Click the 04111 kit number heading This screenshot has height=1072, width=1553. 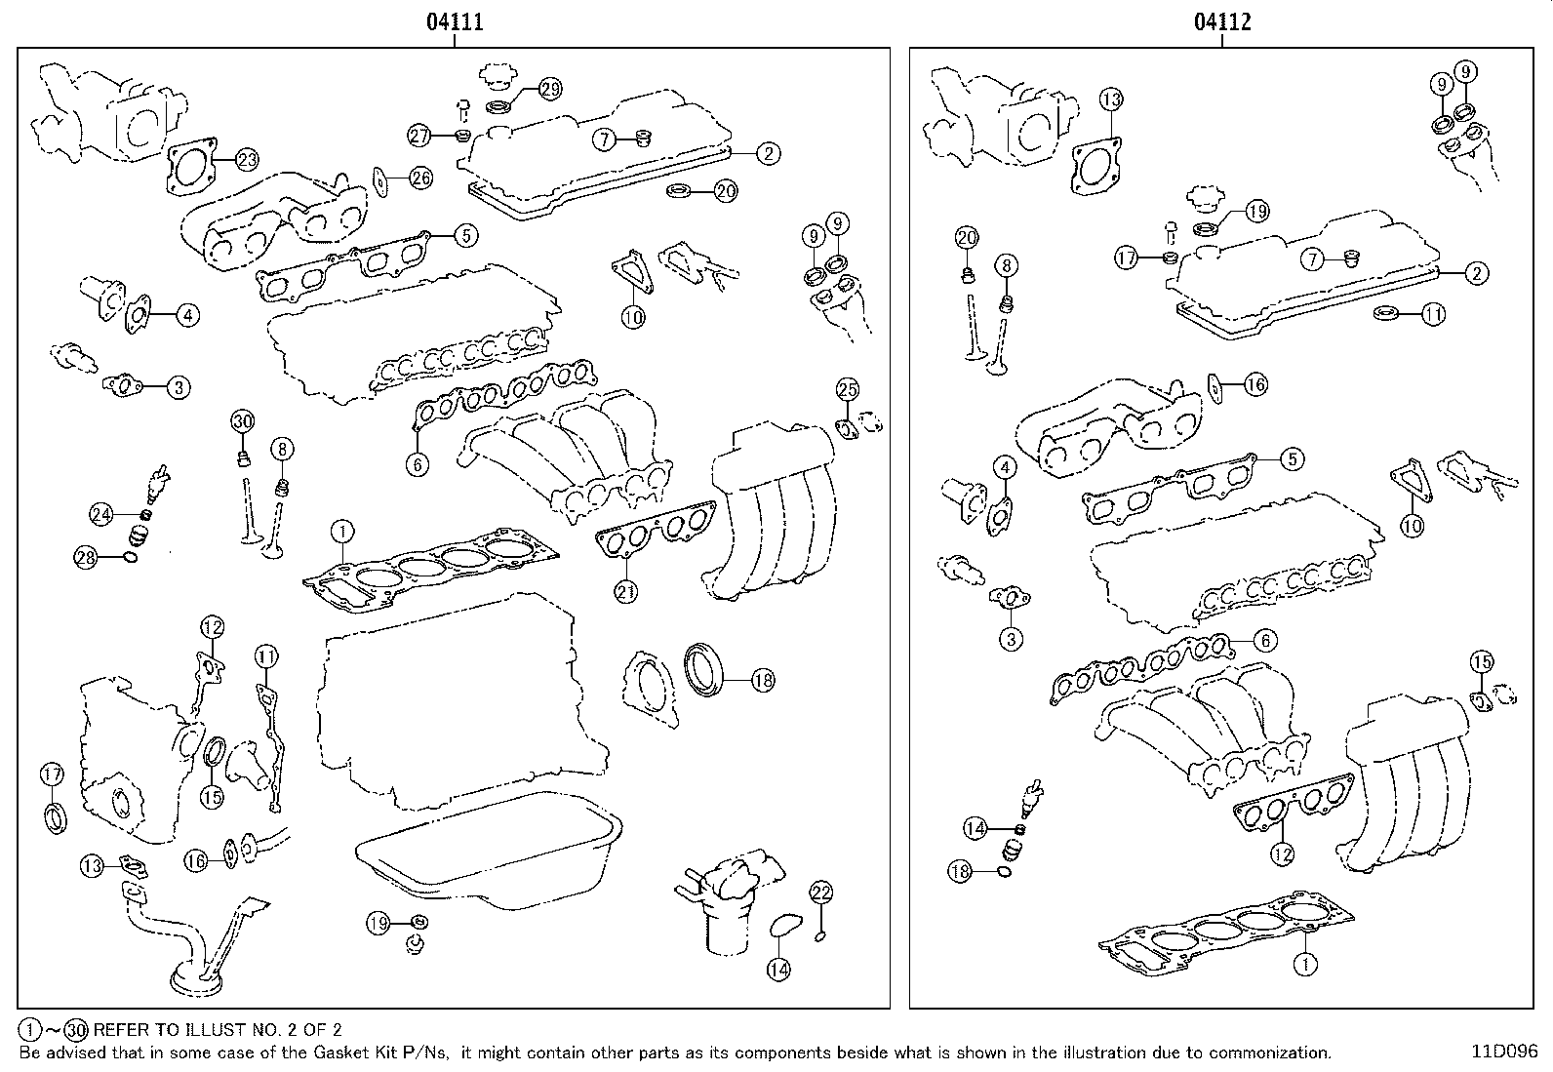[454, 21]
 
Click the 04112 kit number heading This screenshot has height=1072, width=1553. [1221, 21]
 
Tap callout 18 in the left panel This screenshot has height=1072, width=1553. [762, 680]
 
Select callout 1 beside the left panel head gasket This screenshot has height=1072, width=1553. [341, 532]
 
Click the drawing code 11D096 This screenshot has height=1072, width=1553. [1505, 1052]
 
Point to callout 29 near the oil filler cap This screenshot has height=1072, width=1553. [549, 89]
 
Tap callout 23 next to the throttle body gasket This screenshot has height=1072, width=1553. [246, 159]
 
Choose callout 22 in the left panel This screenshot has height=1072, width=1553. [821, 892]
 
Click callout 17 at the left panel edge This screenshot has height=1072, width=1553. [52, 774]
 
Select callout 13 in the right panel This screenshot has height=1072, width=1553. [1111, 99]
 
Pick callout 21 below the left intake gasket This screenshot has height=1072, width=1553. [625, 590]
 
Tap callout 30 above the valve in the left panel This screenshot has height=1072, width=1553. [242, 421]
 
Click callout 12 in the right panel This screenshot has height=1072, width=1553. [1282, 854]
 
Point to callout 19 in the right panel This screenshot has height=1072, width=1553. [1255, 211]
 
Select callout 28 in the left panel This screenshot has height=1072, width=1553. [86, 557]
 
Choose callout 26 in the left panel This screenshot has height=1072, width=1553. [420, 178]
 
